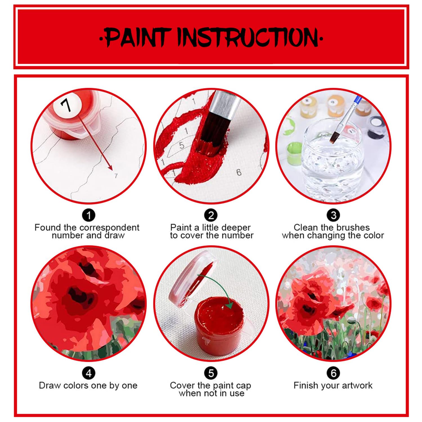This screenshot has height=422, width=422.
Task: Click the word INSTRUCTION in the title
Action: pos(248,37)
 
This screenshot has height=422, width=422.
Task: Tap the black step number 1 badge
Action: pos(89,216)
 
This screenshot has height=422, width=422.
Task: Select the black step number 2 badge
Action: pos(211,216)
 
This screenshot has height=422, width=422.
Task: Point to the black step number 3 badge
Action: pos(333,216)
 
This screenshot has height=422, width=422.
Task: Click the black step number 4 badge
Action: pos(89,373)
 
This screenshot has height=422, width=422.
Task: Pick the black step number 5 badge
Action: pos(211,373)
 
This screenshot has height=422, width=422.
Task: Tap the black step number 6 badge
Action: pos(333,373)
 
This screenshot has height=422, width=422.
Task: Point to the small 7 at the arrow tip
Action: pos(116,176)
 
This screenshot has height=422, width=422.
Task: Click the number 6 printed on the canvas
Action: pos(239,172)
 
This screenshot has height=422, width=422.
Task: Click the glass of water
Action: pos(332,160)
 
